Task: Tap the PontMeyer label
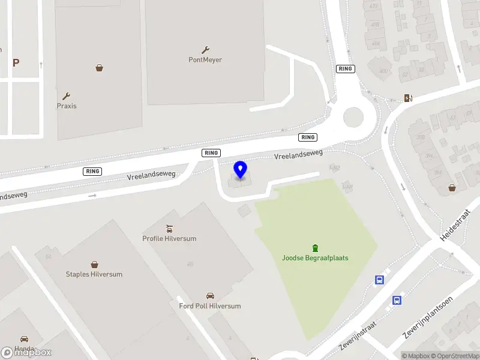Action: coord(206,59)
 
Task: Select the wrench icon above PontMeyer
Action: coord(206,50)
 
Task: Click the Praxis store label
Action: coord(67,106)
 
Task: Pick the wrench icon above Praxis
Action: coord(67,96)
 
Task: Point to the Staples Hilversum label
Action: coord(94,274)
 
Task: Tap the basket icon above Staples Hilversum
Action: coord(94,264)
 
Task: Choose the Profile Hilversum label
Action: coord(169,238)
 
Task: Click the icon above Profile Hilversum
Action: coord(169,228)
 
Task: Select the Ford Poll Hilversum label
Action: coord(210,306)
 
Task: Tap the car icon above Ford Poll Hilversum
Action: coord(210,296)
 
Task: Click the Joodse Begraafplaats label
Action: coord(315,258)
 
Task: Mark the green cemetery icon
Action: coord(315,248)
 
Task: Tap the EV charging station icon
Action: coord(408,98)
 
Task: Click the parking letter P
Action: coord(16,62)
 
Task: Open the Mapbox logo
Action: coord(26,353)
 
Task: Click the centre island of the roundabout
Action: coord(352,116)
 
